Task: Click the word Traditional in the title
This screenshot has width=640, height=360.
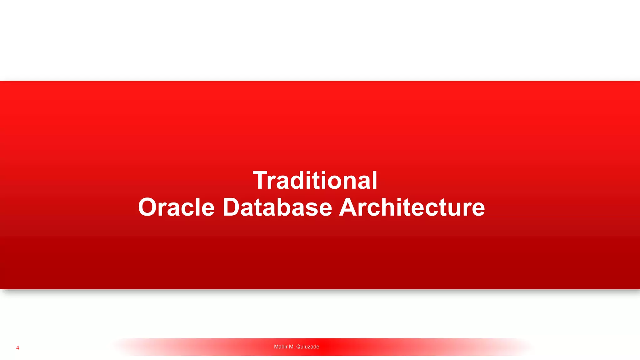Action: coord(315,181)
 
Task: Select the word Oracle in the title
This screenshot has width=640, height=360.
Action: coord(176,207)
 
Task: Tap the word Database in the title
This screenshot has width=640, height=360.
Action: coord(277,207)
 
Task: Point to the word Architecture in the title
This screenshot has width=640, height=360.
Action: coord(412,207)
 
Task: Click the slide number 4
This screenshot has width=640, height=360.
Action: coord(17,348)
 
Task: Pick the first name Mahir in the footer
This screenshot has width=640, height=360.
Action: coord(281,347)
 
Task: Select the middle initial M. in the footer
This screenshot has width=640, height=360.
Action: coord(292,347)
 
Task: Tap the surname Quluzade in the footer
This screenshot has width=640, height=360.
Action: coord(307,347)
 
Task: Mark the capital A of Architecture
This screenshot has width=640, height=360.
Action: coord(349,207)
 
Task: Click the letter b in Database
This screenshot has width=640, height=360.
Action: coord(286,207)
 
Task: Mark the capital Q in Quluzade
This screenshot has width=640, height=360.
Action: coord(298,347)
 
